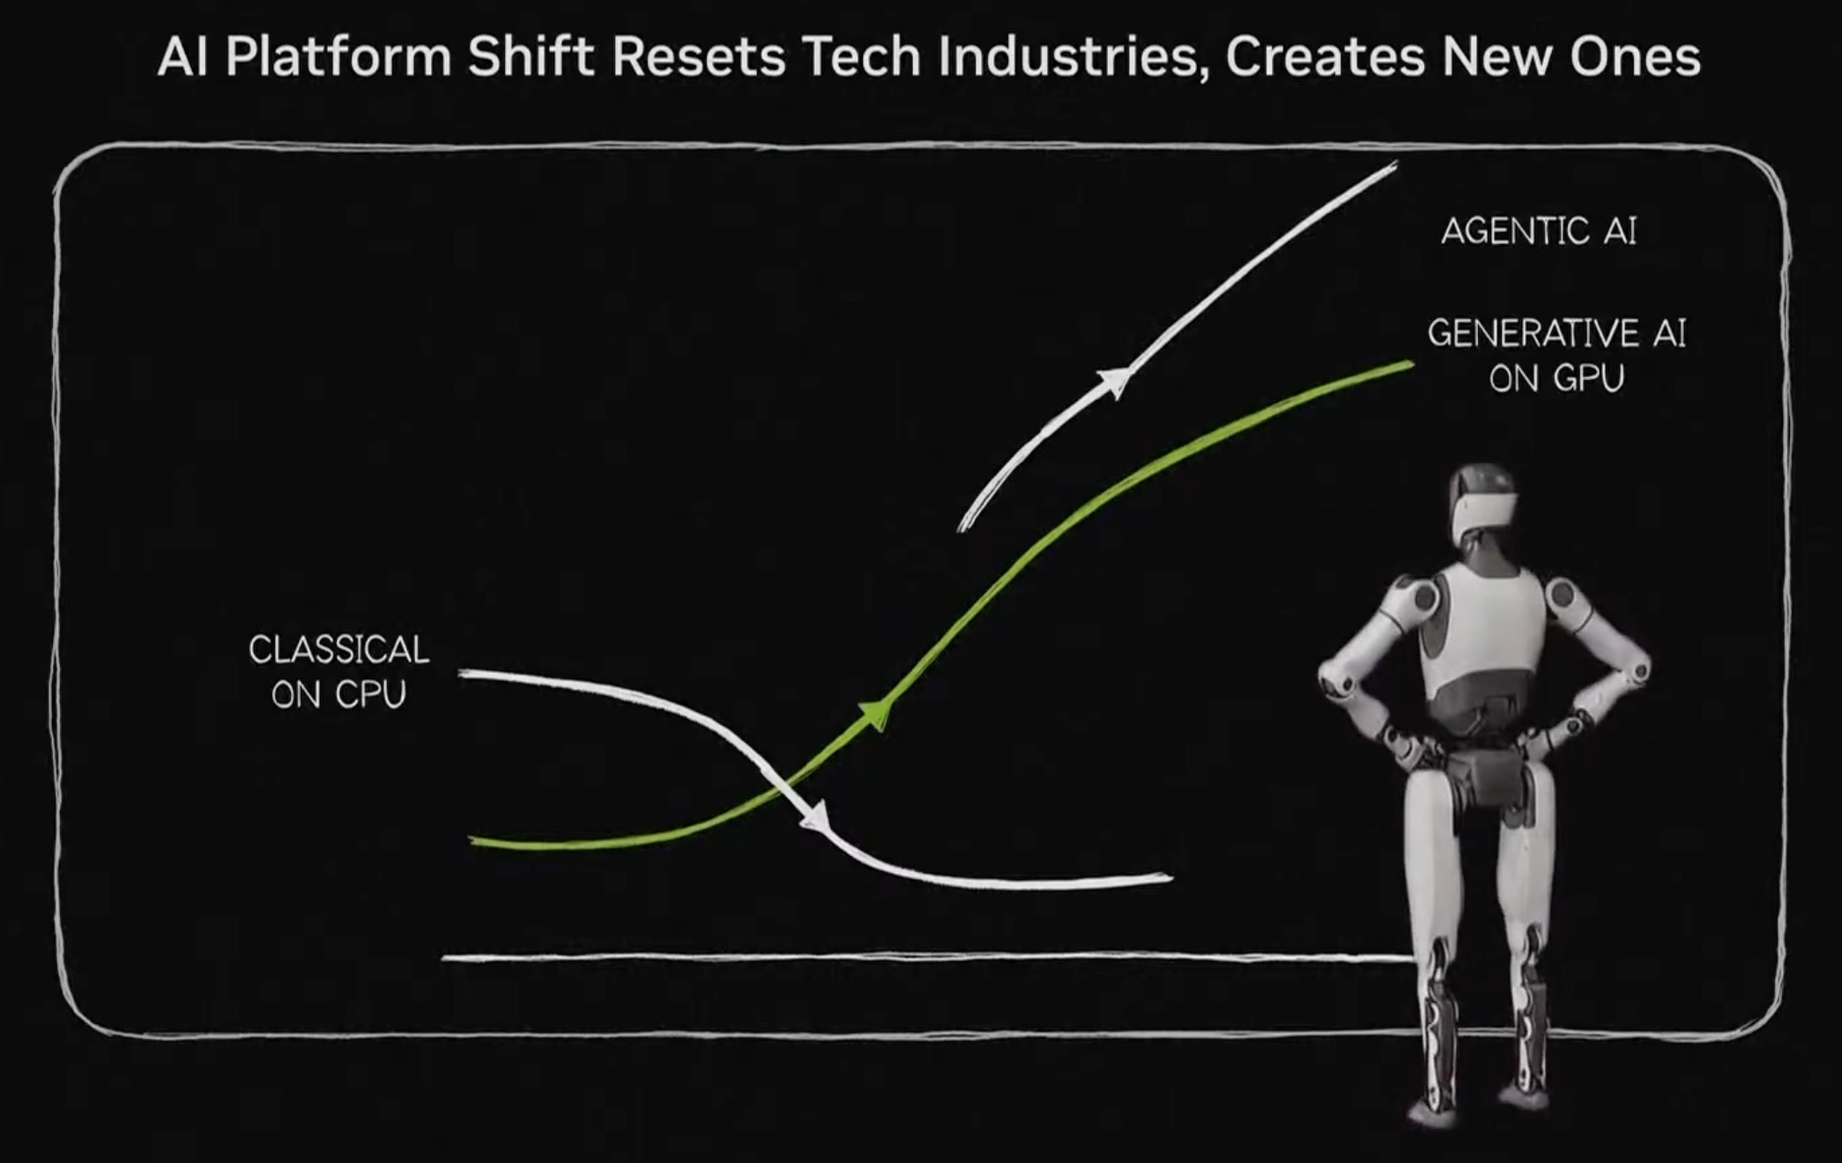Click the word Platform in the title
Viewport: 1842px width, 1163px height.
point(338,57)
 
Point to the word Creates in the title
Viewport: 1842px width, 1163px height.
point(1324,57)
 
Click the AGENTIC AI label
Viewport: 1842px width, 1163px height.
point(1539,231)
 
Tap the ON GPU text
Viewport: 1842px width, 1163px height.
point(1556,378)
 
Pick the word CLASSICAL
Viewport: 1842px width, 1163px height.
point(338,650)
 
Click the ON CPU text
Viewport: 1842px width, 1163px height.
point(338,695)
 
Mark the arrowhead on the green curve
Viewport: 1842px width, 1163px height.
point(875,713)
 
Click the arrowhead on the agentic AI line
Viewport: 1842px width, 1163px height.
point(1114,382)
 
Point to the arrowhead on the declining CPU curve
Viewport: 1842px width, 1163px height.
point(814,817)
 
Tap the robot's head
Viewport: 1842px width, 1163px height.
point(1483,504)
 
